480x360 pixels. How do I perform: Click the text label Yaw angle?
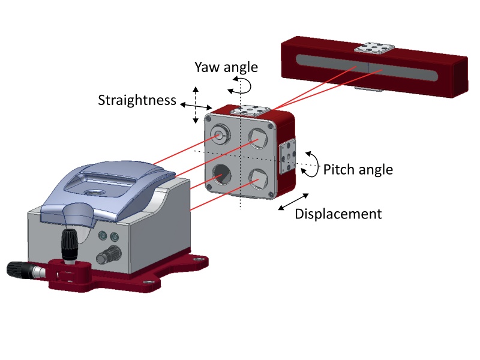(226, 67)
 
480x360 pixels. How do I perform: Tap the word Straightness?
(137, 100)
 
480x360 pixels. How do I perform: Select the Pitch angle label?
(358, 170)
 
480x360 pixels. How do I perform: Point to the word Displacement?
(338, 214)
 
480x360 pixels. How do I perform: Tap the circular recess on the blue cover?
(94, 191)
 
